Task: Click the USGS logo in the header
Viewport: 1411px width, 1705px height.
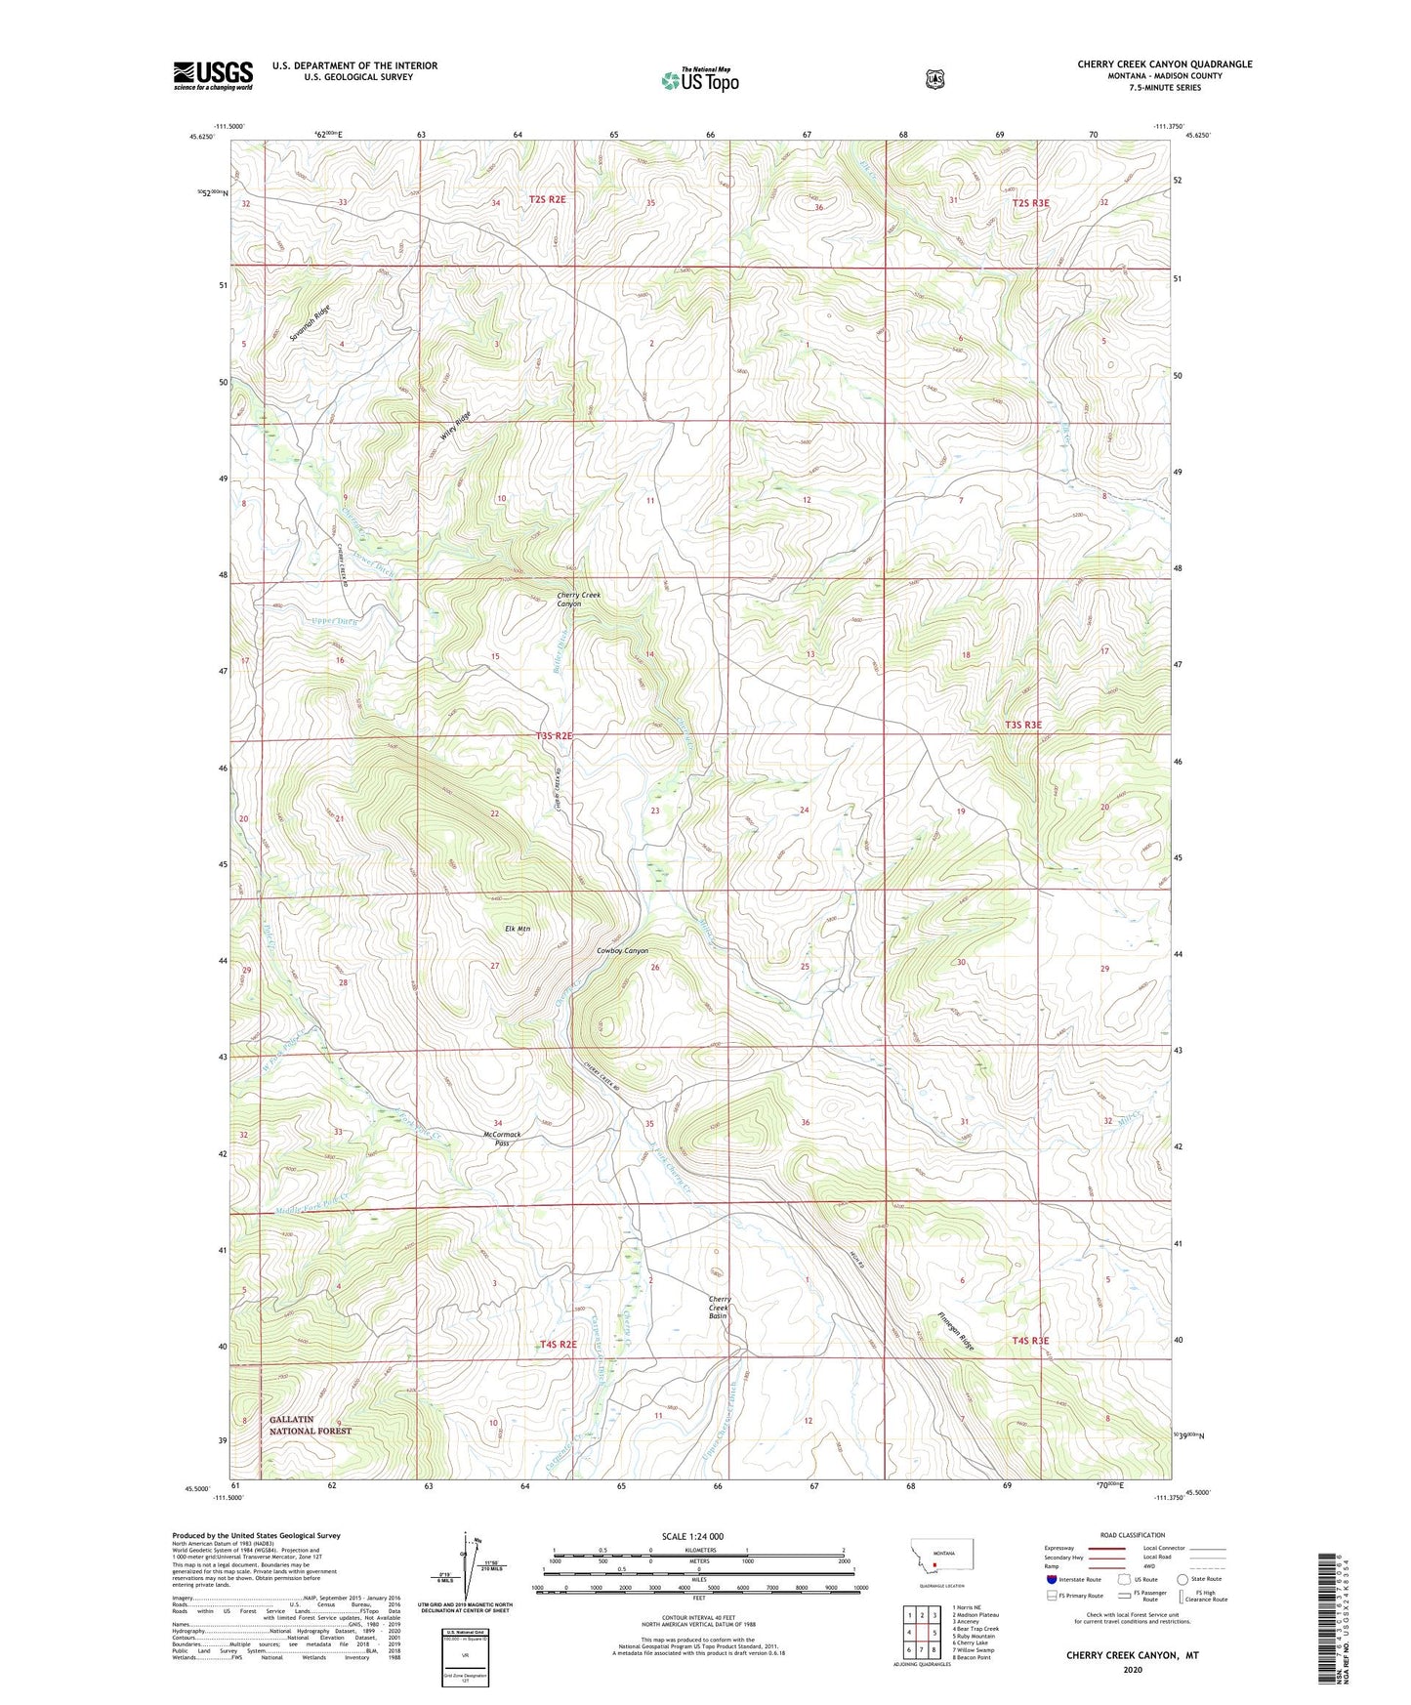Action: tap(213, 75)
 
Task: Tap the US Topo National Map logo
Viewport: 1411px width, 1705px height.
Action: tap(699, 80)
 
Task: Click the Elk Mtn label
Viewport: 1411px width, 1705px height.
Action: tap(517, 929)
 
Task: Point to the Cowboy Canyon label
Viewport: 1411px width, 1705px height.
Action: tap(622, 950)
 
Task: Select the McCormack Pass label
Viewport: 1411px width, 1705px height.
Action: tap(502, 1139)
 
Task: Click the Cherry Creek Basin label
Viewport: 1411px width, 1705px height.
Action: tap(720, 1309)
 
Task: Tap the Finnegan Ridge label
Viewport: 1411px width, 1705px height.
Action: tap(956, 1331)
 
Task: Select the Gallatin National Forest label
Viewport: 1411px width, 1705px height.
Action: tap(310, 1425)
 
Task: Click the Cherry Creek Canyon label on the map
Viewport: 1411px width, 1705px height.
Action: tap(578, 599)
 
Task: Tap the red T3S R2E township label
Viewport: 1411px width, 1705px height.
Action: tap(553, 735)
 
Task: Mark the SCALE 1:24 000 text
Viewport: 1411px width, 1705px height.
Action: tap(692, 1536)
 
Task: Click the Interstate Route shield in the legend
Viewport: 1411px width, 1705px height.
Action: tap(1051, 1579)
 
